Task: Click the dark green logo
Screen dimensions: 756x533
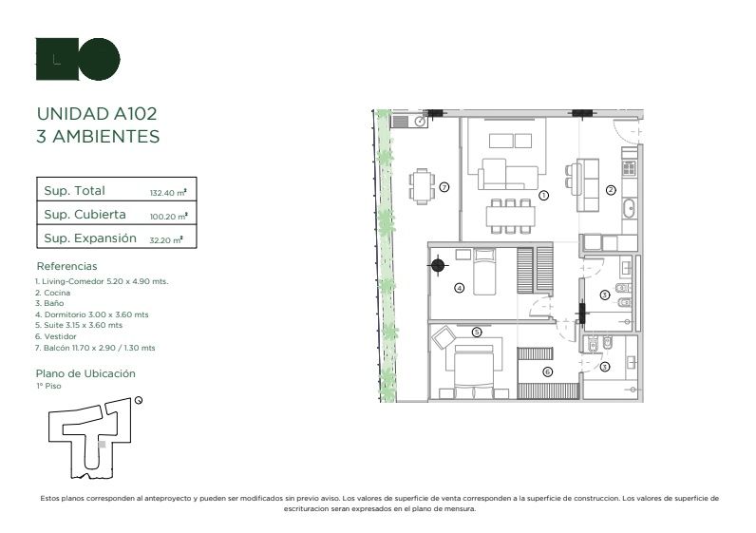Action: [78, 59]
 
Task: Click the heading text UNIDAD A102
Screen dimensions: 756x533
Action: [97, 114]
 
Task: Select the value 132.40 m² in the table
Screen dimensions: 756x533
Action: [168, 193]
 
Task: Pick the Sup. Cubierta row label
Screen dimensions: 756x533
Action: [85, 214]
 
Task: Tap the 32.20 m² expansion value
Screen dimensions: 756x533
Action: [166, 239]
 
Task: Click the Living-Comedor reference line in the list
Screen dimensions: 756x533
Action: [102, 281]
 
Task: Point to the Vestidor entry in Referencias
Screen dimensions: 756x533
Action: [55, 336]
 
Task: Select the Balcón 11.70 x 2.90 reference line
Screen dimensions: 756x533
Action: [95, 348]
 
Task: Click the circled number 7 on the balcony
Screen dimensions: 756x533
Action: [444, 186]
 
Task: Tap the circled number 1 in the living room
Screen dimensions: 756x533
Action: [543, 196]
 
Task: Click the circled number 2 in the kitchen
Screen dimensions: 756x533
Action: [611, 190]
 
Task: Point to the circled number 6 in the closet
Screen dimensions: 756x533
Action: [547, 371]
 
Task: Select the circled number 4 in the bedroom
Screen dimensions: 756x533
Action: [460, 288]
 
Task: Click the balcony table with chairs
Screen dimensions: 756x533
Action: [422, 186]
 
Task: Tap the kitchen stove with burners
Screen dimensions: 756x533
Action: [629, 168]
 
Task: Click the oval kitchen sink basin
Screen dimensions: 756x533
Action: [629, 208]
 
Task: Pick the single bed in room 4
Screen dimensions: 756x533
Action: [484, 272]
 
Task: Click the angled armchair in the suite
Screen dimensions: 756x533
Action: [444, 336]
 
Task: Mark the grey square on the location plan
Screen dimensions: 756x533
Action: [102, 445]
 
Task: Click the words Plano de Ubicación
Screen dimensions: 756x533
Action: [85, 373]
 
